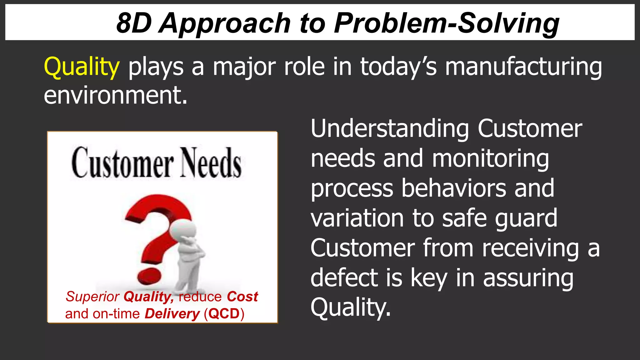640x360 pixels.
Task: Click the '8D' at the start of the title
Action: point(134,23)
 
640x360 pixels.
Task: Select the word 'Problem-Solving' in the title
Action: point(447,24)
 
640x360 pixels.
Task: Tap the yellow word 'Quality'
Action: point(82,67)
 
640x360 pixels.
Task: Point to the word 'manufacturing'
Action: point(523,67)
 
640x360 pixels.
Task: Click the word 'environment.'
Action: point(115,95)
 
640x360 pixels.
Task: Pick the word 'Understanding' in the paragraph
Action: point(390,129)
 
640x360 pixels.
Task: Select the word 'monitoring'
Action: point(490,159)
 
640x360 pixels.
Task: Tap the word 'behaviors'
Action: point(453,188)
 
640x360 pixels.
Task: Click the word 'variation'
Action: point(357,218)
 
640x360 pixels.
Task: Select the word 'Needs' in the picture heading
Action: point(211,163)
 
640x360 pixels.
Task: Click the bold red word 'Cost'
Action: point(242,297)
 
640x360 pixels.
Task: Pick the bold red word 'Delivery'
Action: point(172,314)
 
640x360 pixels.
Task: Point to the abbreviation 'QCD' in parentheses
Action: point(224,314)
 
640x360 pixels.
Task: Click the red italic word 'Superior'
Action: point(92,297)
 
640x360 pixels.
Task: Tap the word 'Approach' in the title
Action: point(225,24)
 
